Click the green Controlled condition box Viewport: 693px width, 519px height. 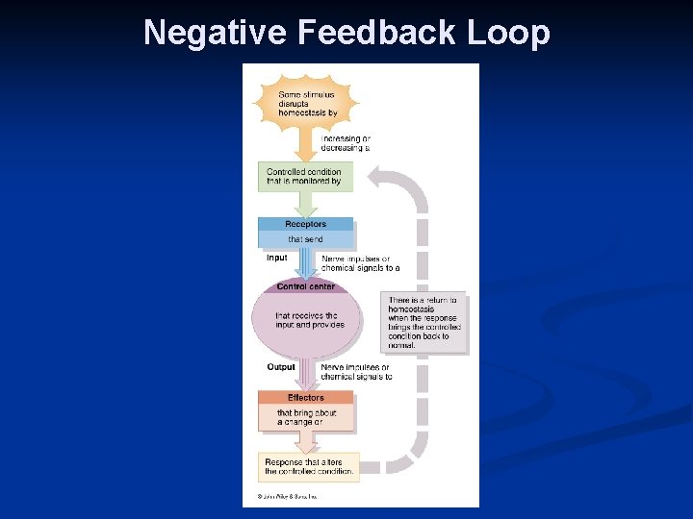(304, 176)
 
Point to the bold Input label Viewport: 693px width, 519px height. (276, 258)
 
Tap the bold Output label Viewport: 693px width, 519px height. (281, 367)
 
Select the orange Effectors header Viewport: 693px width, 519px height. (306, 397)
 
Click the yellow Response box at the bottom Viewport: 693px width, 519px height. (309, 467)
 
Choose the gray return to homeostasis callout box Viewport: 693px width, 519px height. (423, 323)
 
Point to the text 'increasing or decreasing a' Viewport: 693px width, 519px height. (345, 143)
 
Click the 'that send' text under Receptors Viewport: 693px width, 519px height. (306, 239)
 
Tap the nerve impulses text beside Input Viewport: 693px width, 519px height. (359, 262)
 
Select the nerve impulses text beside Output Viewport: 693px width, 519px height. (355, 372)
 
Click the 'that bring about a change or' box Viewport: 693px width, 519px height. (306, 417)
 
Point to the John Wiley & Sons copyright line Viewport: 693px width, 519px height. (287, 497)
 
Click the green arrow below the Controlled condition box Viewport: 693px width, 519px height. (305, 202)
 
